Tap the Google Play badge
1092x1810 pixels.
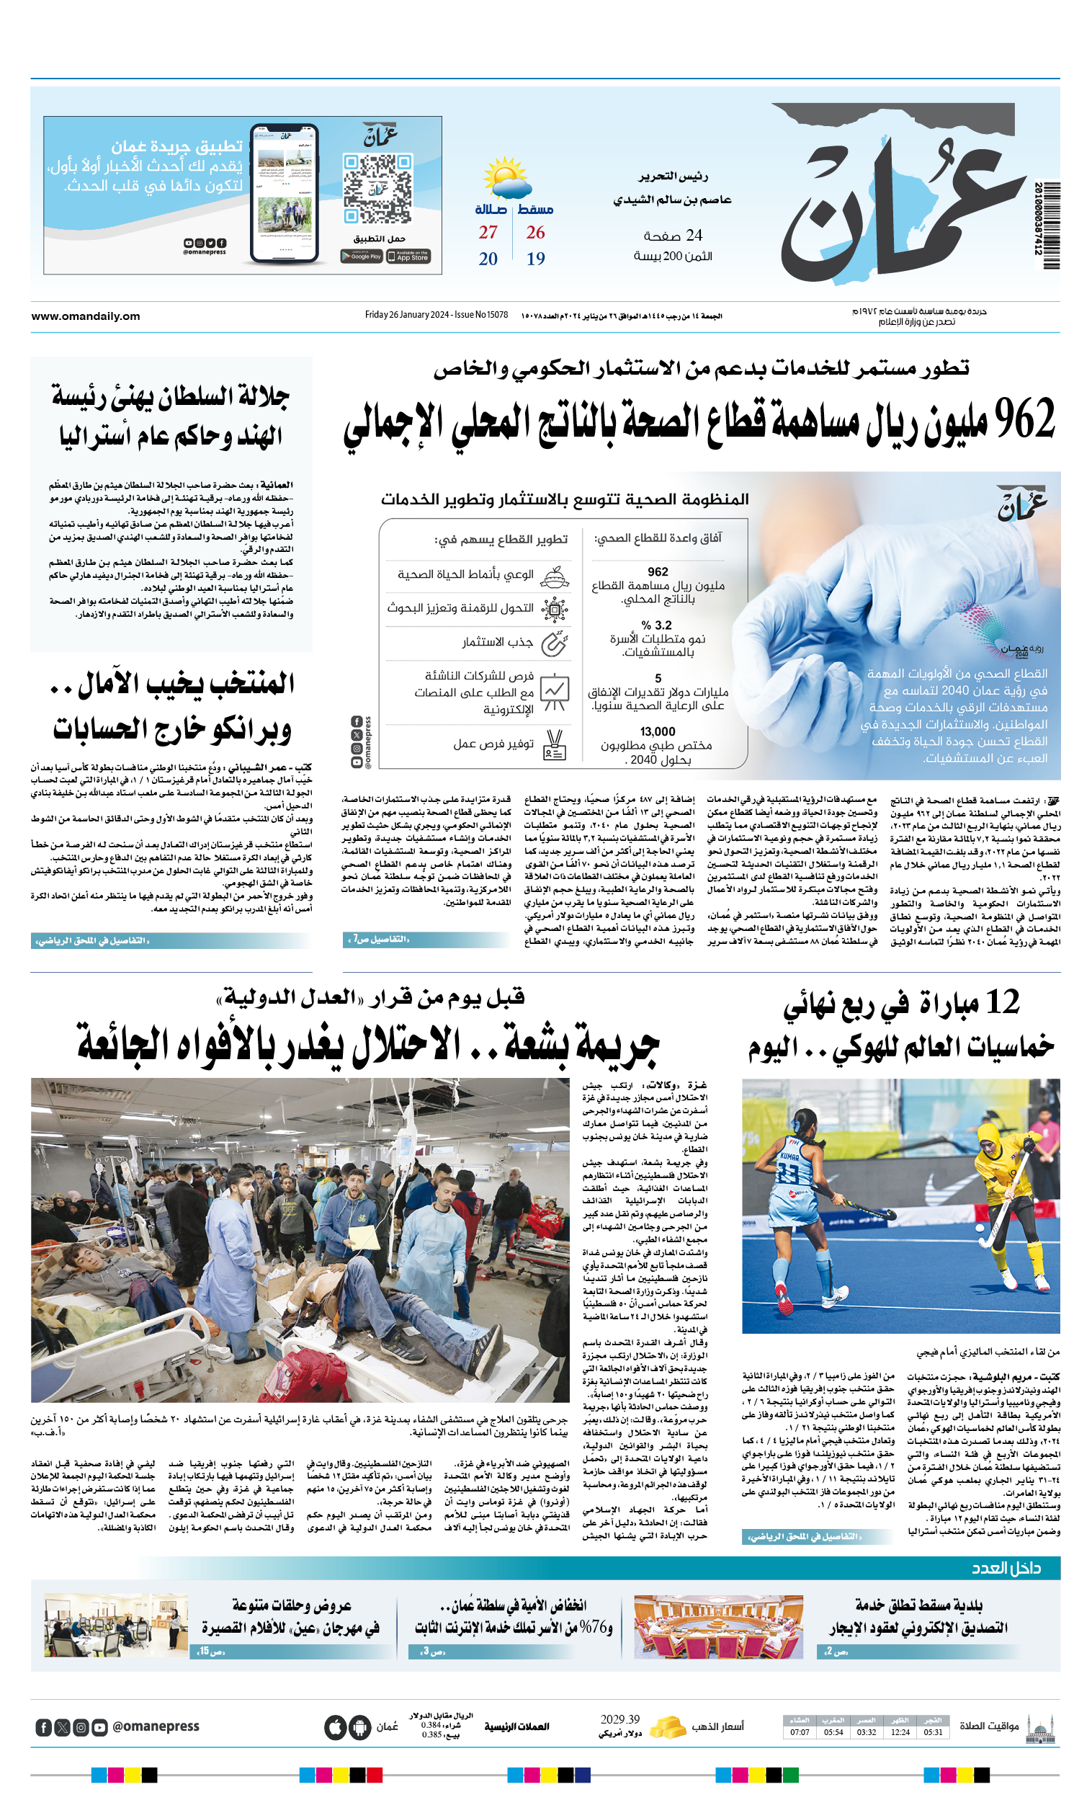362,257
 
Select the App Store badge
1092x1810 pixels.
408,257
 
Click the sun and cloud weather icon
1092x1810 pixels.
504,177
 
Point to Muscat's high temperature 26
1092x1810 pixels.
535,232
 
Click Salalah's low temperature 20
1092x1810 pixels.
488,259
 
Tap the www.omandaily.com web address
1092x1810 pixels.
85,316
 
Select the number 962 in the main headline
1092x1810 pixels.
1025,419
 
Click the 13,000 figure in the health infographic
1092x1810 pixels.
657,731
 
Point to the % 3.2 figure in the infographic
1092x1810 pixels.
656,625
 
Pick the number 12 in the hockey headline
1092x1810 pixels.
1003,1002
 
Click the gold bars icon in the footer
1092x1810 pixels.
668,1726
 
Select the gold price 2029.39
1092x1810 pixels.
619,1720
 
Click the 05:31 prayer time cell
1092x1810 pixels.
933,1732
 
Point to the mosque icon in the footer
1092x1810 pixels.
1042,1726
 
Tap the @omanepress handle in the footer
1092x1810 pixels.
156,1726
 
